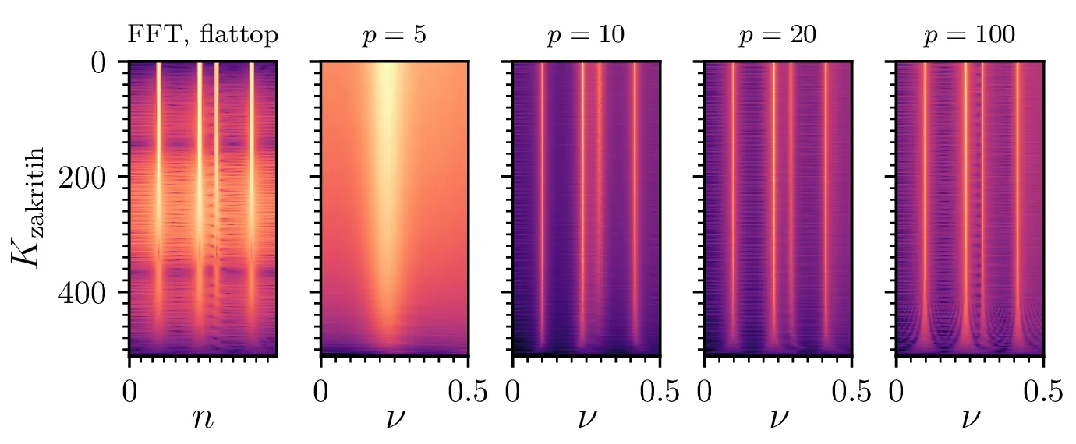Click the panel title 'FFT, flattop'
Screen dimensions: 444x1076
pos(202,36)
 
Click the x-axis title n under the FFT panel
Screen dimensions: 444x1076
pos(202,419)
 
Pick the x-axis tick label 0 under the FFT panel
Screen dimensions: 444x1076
pos(129,389)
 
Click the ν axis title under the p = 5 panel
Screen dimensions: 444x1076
pos(394,419)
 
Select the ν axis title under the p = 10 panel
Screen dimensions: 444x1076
pos(586,419)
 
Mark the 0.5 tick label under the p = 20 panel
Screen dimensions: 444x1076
pos(850,389)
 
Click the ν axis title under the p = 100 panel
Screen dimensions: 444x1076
pos(969,419)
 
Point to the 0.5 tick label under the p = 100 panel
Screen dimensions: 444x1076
pos(1042,389)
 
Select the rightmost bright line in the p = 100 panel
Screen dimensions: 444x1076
pos(1017,203)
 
